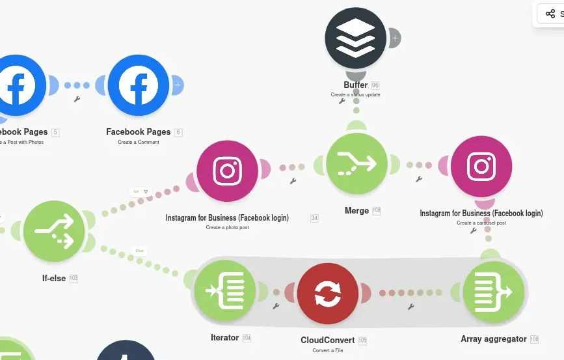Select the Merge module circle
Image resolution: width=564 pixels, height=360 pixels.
(x=356, y=164)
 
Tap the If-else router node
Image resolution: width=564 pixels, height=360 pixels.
(x=54, y=231)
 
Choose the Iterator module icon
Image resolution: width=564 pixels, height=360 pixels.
(x=224, y=291)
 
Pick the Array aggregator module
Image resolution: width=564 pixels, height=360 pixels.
(x=493, y=292)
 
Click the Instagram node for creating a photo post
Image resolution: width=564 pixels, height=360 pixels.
(x=227, y=171)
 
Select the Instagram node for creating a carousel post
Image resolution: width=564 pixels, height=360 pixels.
(x=481, y=166)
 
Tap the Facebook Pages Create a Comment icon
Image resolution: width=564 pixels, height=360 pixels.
(x=139, y=85)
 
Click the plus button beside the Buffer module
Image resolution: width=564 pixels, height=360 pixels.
(x=394, y=38)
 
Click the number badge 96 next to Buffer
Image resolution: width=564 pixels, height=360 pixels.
(x=375, y=85)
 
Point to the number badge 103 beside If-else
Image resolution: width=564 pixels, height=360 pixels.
(x=74, y=279)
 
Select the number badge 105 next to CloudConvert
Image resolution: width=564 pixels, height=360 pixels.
(x=362, y=340)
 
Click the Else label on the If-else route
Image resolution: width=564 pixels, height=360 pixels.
(x=139, y=251)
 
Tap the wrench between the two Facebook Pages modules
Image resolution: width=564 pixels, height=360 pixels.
(x=77, y=100)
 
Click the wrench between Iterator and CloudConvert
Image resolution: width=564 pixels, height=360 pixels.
(x=276, y=305)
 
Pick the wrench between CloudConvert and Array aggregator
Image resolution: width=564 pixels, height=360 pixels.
(x=410, y=306)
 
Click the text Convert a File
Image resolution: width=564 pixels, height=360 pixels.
(x=328, y=351)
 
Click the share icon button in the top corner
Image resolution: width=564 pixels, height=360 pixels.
(x=550, y=14)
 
